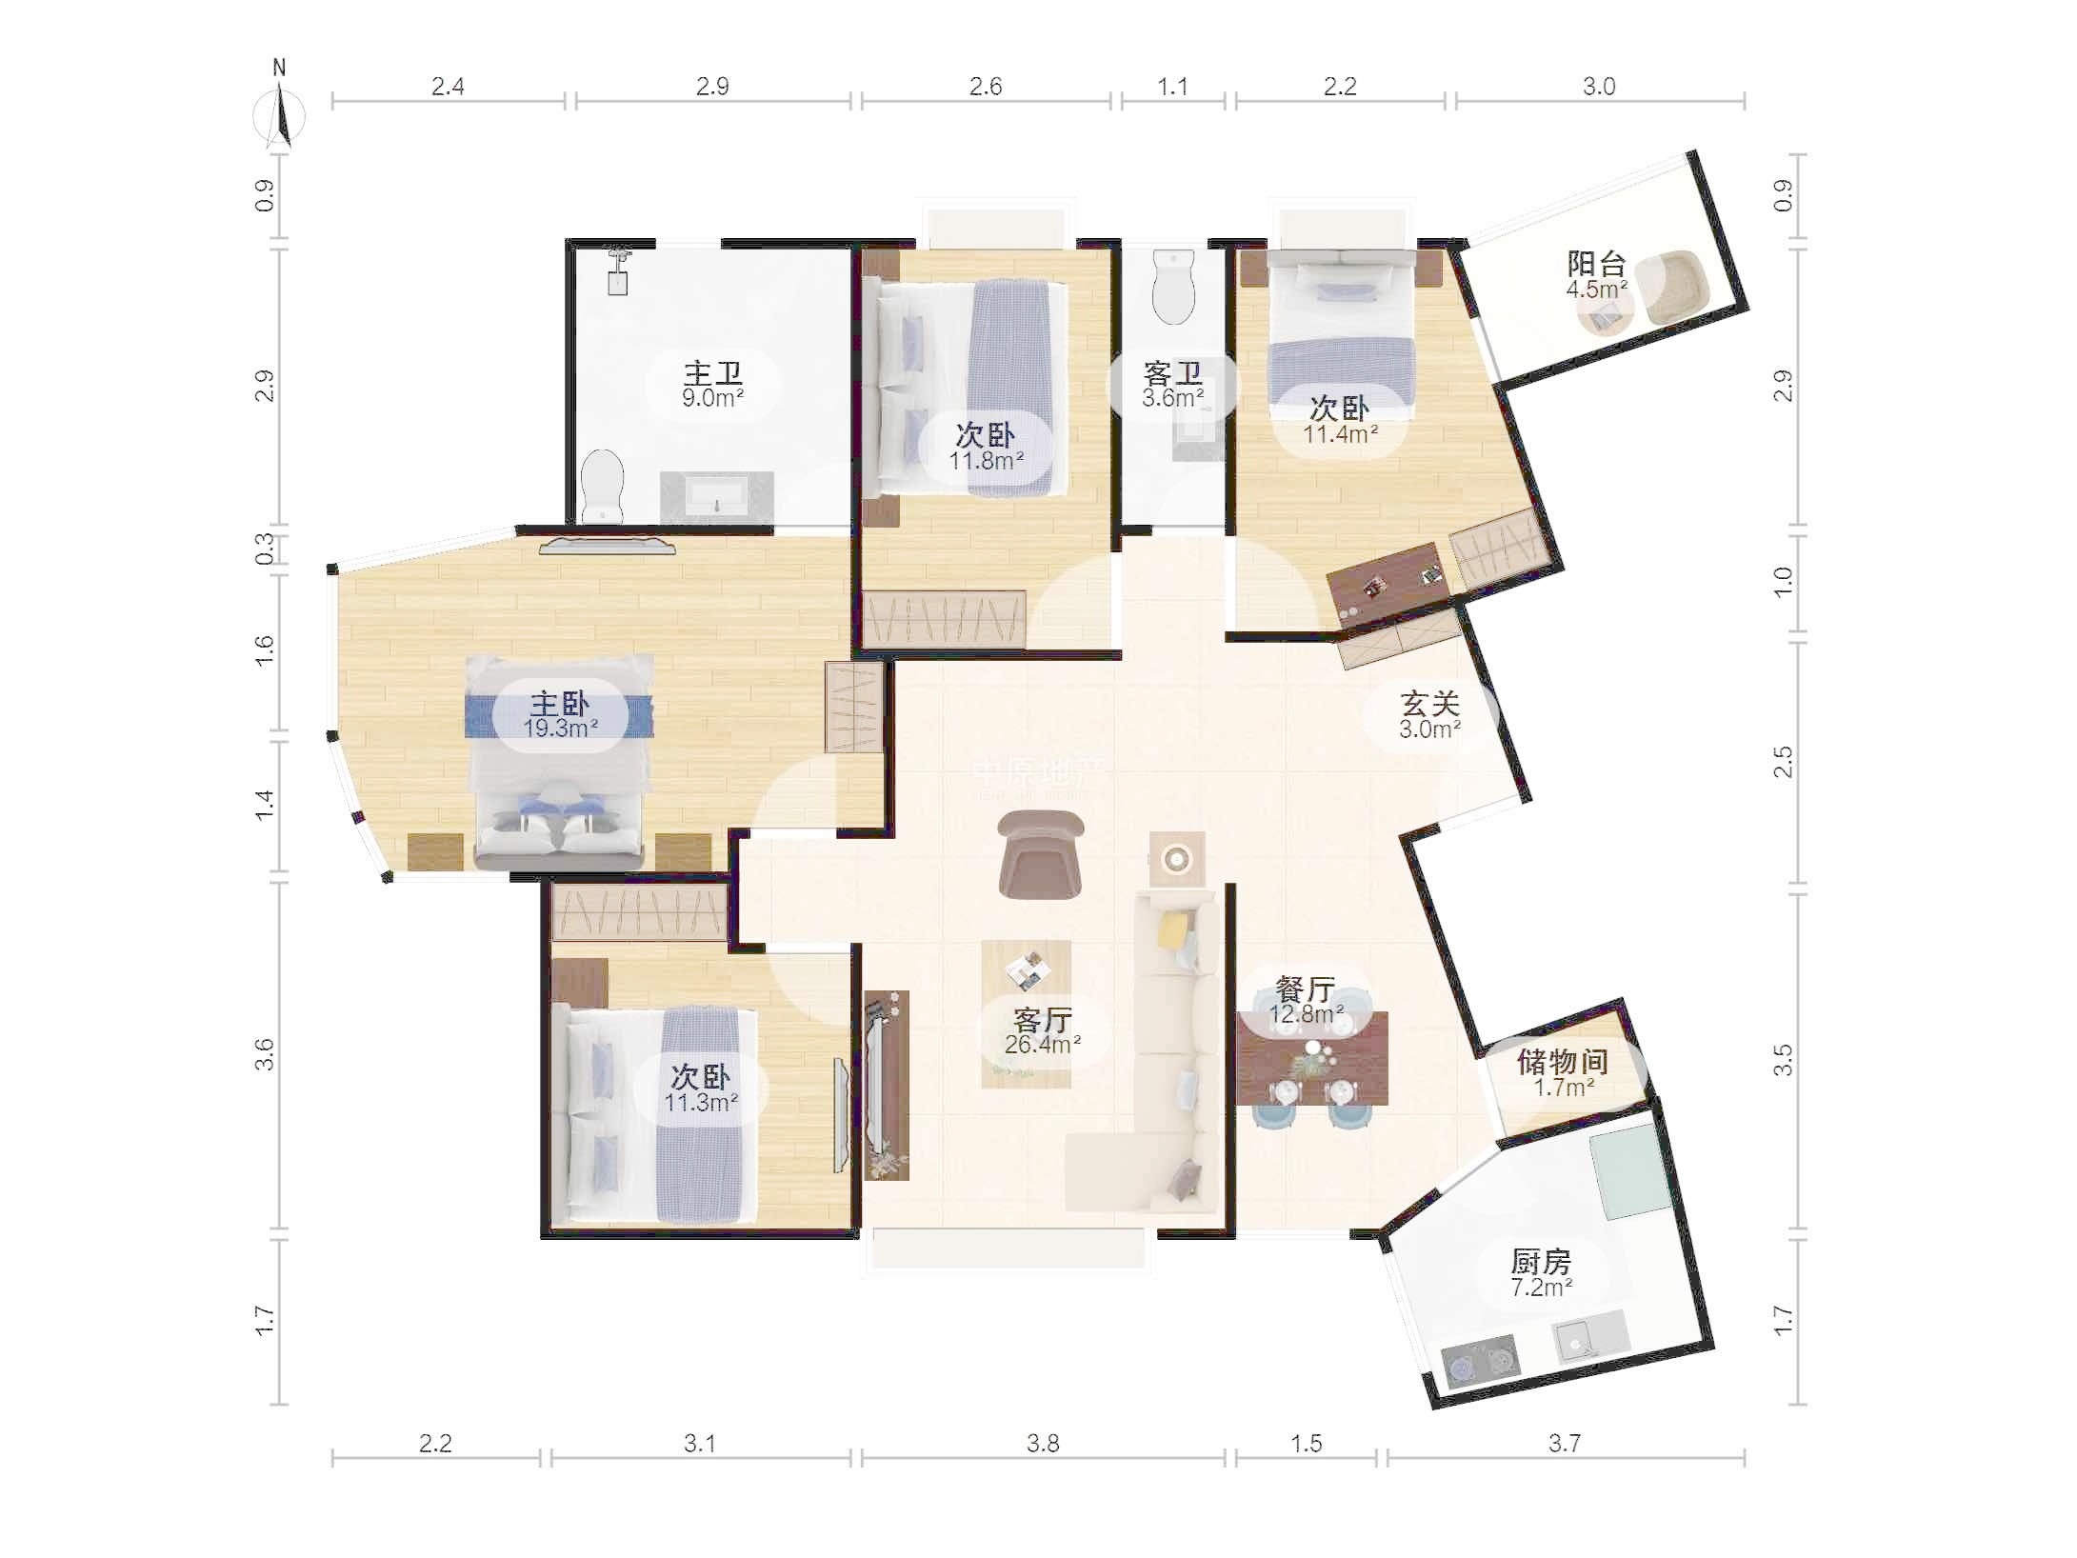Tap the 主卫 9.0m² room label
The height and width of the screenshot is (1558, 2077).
[712, 385]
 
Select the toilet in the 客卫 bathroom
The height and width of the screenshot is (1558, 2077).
[1172, 287]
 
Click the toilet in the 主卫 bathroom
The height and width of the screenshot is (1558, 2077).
[602, 487]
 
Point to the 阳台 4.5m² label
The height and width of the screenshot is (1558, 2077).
[1596, 275]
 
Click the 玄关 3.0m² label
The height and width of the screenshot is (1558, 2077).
[1429, 715]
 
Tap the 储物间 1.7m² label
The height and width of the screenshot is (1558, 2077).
[1563, 1073]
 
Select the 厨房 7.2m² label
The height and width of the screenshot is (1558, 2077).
[1541, 1273]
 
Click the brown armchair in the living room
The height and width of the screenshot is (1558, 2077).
[1042, 854]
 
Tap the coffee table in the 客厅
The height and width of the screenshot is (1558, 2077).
[1027, 1014]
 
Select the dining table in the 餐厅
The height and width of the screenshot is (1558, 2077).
[1312, 1058]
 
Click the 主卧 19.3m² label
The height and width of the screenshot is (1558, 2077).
[560, 715]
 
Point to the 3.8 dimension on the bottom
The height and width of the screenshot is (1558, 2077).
[1043, 1444]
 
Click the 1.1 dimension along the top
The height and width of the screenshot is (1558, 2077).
[1172, 87]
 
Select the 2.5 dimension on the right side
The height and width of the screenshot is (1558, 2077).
[1783, 762]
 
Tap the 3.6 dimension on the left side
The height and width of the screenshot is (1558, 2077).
[264, 1055]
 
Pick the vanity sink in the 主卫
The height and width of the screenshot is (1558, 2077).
[717, 497]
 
